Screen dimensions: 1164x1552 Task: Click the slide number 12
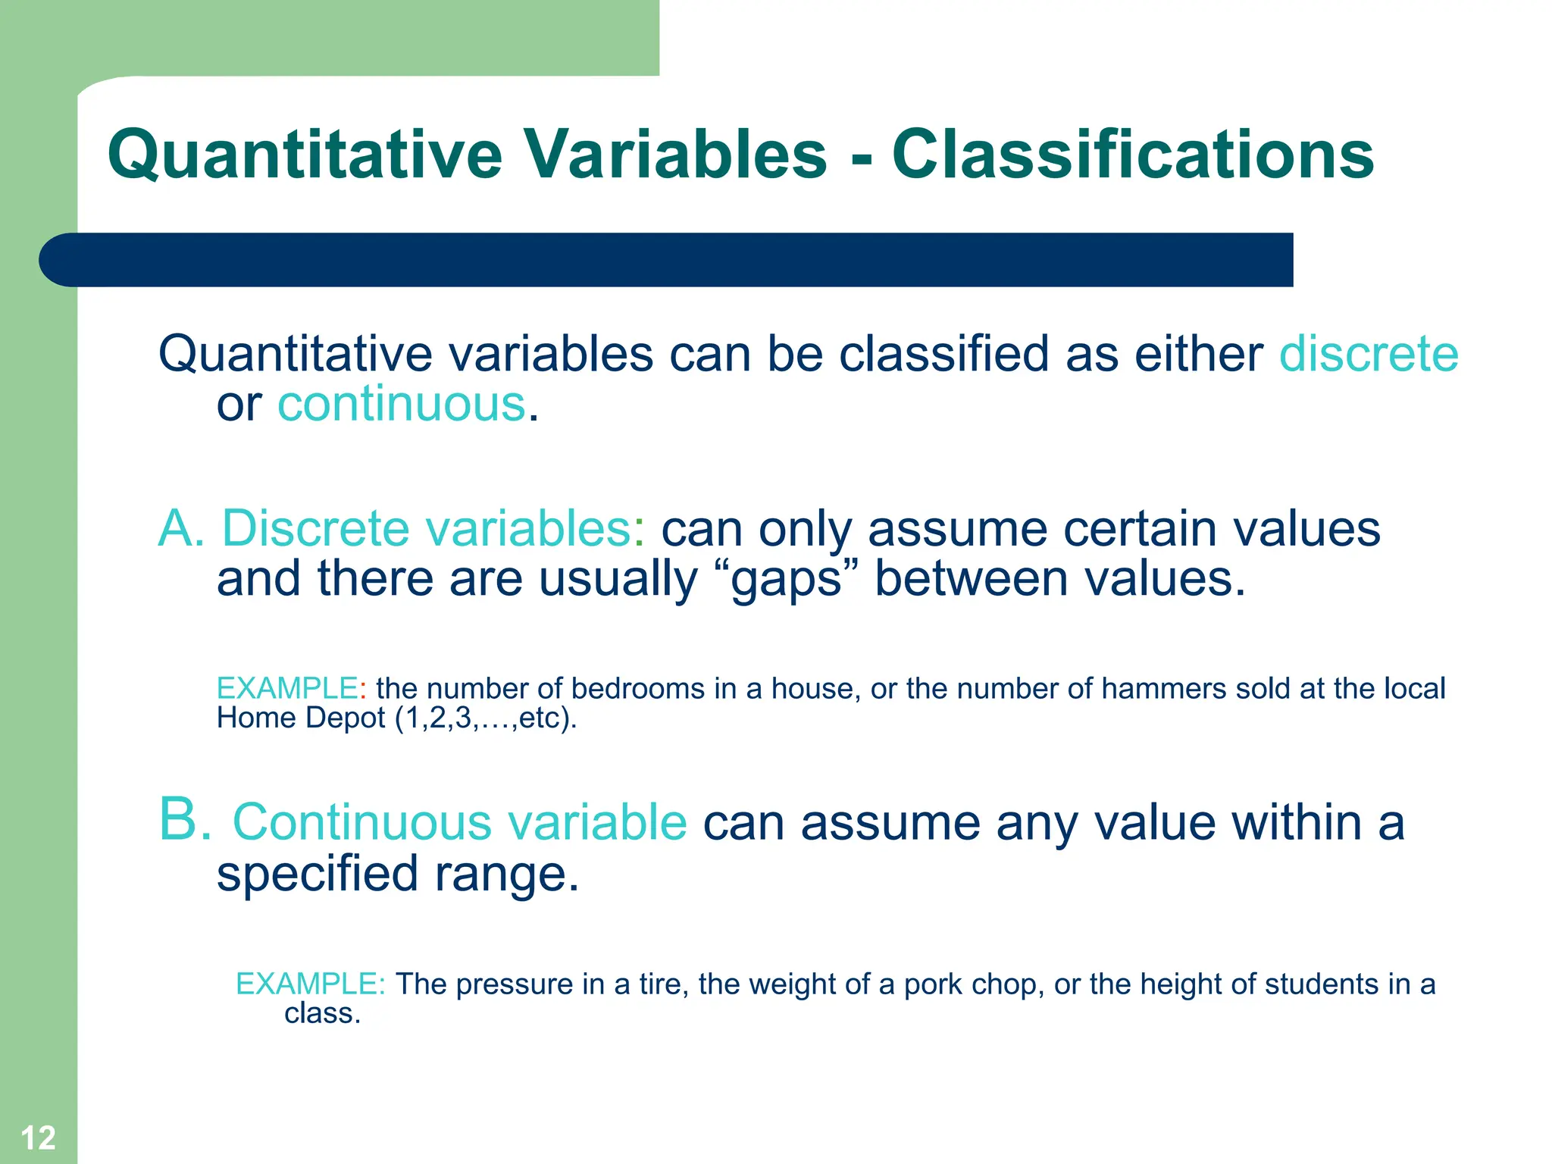(38, 1137)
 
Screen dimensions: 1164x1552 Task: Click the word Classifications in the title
(1132, 155)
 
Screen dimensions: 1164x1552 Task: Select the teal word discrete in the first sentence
(1369, 354)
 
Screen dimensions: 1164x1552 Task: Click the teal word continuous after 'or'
(402, 404)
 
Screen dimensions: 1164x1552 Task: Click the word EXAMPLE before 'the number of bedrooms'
(286, 688)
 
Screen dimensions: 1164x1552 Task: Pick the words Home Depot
(301, 718)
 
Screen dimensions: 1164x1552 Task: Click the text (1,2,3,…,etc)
(486, 718)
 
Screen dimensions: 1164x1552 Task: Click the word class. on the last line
(322, 1013)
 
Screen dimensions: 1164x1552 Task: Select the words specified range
(398, 874)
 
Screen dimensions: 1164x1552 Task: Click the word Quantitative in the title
(305, 155)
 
